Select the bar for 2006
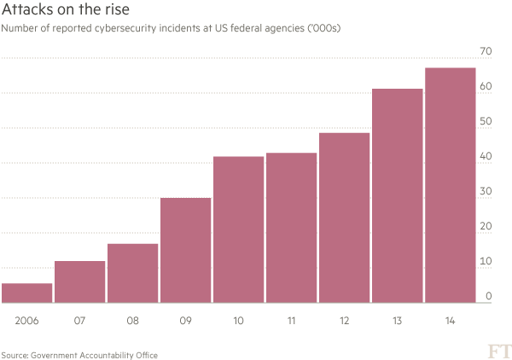27,293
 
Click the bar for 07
80,282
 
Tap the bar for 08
133,273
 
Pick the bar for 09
186,250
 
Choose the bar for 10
239,229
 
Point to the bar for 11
292,228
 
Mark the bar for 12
345,218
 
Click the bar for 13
398,195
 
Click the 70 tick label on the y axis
486,52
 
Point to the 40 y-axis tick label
486,156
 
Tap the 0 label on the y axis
489,296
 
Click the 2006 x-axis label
27,322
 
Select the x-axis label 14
451,322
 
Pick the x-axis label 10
239,322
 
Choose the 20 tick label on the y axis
486,226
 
